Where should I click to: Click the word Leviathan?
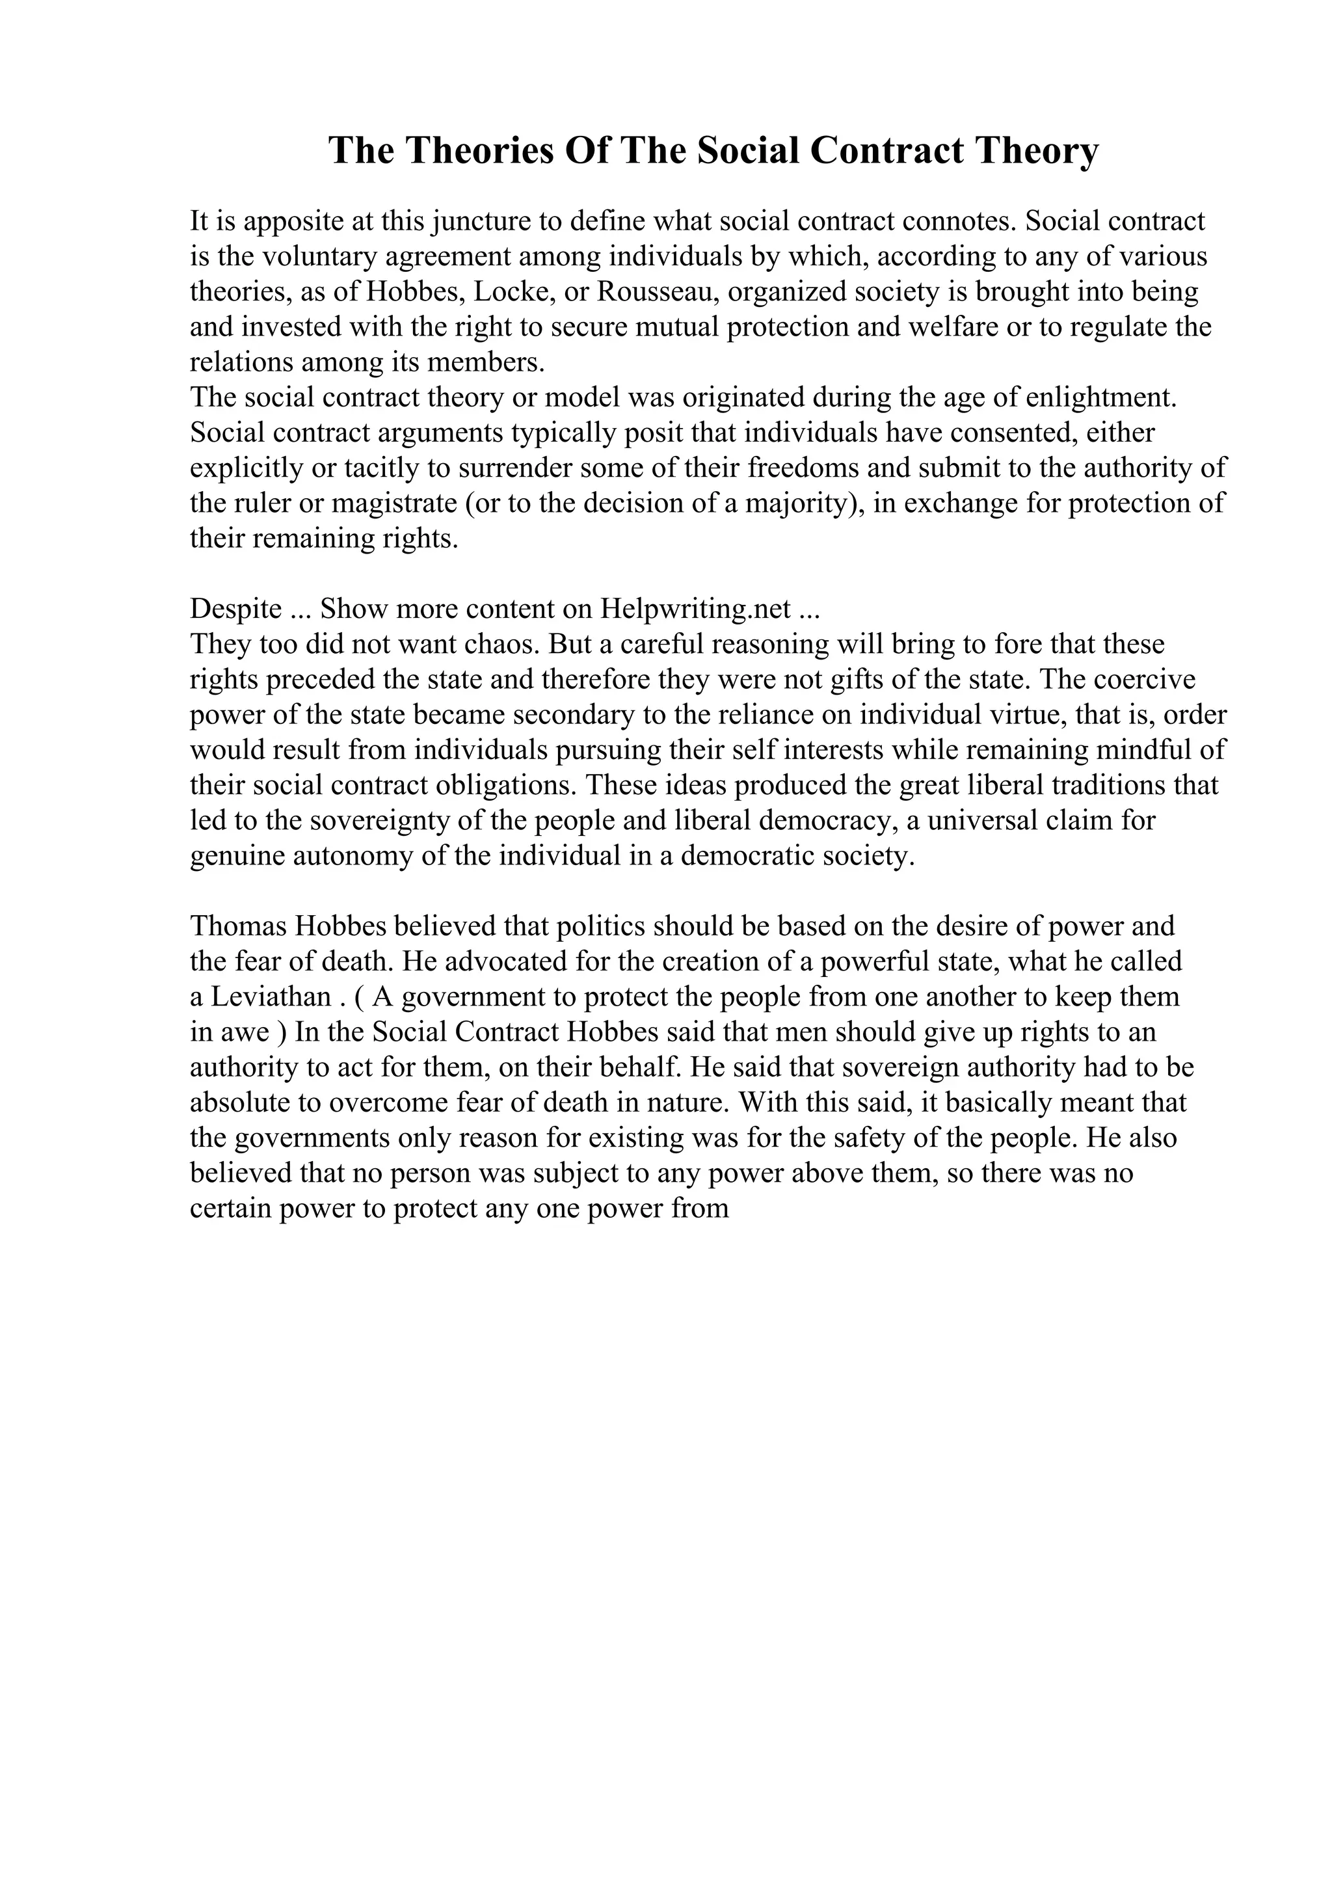(271, 998)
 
